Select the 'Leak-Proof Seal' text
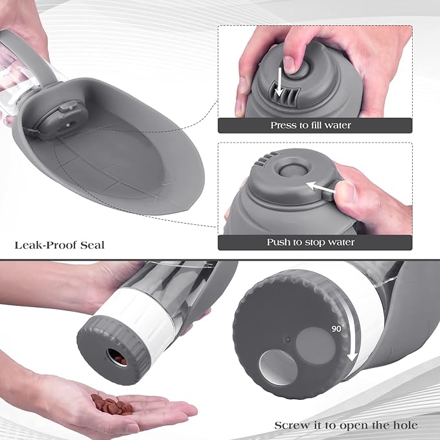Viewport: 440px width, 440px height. click(59, 245)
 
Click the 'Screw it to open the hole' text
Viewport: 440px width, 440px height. click(346, 425)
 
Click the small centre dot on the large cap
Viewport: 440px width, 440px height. click(285, 338)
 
